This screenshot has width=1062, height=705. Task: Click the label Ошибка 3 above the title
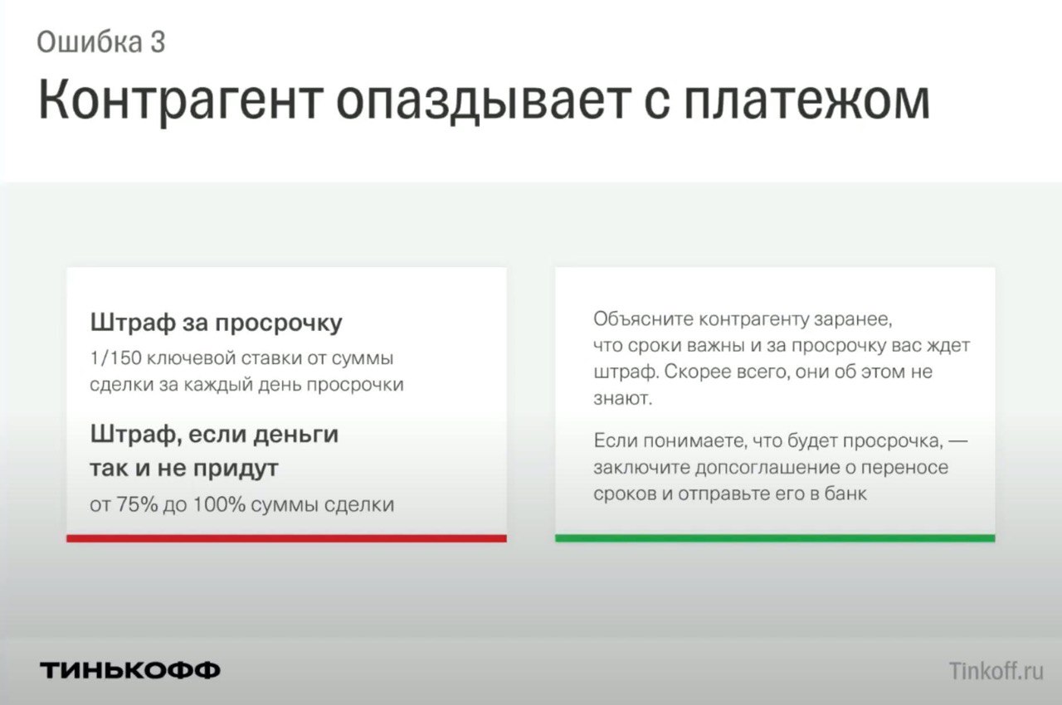coord(101,42)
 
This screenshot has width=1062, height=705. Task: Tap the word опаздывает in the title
coord(484,102)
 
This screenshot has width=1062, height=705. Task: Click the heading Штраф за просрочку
coord(217,323)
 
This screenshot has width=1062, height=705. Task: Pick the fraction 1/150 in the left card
coord(115,358)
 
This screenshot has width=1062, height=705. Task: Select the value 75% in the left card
coord(137,504)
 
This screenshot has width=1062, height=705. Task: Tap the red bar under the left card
coord(286,538)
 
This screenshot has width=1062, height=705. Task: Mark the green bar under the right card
coord(775,538)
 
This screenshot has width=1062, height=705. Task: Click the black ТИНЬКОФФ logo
coord(130,670)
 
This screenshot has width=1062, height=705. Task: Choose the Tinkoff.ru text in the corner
coord(996,671)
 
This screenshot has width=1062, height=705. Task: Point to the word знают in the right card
coord(622,399)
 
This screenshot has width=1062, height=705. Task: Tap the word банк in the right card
coord(845,494)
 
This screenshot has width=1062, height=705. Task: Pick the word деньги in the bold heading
coord(296,435)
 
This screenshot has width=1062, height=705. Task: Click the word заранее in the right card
coord(853,320)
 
